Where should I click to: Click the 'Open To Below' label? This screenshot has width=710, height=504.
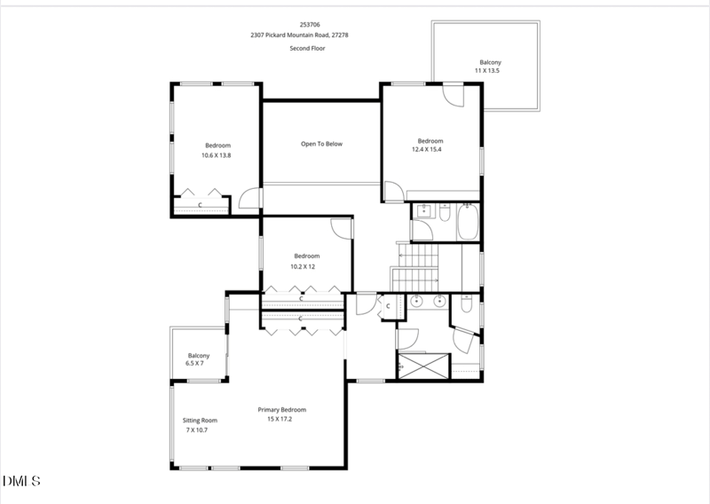(320, 144)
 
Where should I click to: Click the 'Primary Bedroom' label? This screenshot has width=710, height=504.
(281, 409)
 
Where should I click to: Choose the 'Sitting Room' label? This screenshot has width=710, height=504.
(200, 421)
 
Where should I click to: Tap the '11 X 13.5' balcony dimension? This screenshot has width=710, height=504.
(487, 70)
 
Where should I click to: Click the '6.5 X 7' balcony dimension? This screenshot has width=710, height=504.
(194, 364)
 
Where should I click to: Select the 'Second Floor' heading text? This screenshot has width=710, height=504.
(306, 48)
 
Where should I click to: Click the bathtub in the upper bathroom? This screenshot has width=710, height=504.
(467, 222)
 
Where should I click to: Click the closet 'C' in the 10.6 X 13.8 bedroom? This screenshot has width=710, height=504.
(200, 206)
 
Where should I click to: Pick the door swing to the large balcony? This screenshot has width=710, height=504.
(453, 95)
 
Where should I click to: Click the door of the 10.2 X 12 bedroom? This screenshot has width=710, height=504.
(341, 226)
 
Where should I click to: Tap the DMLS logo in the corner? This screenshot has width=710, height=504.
(21, 481)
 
